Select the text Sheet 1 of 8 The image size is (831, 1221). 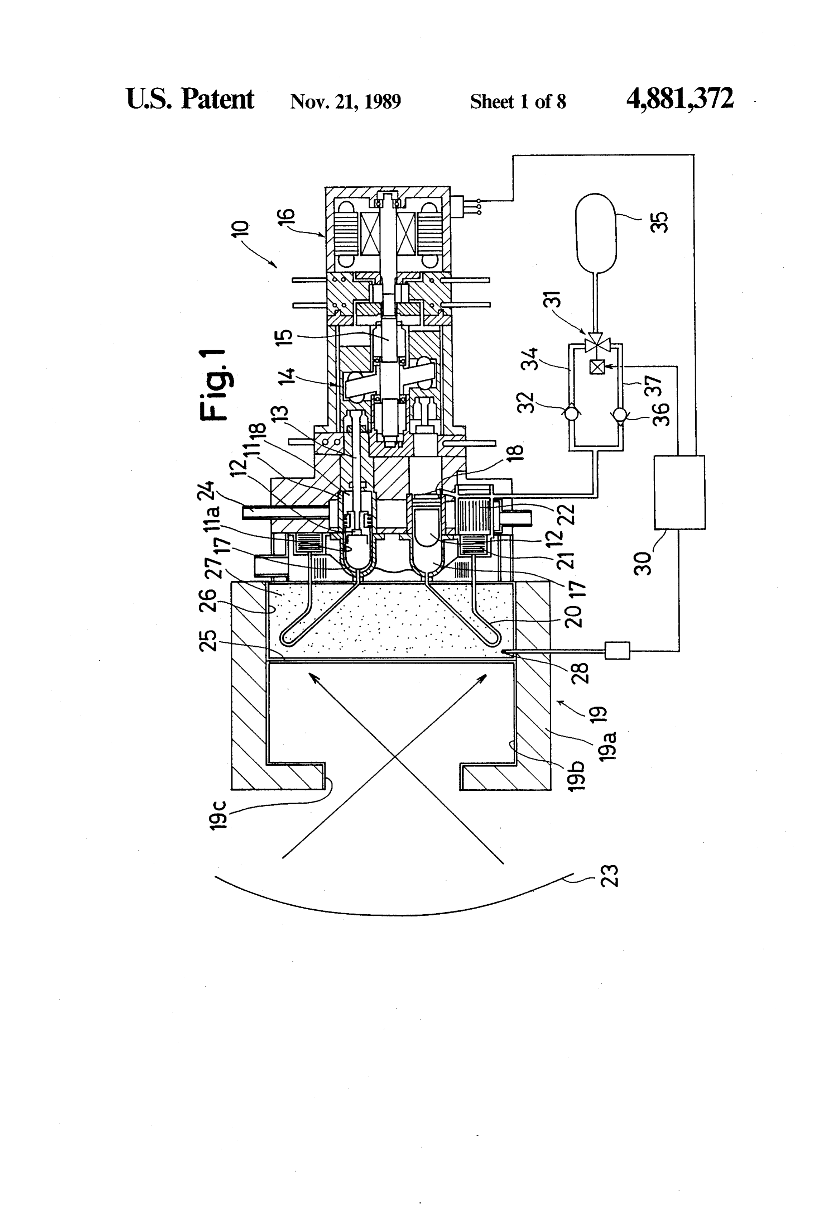pyautogui.click(x=518, y=101)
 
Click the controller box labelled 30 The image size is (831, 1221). pyautogui.click(x=680, y=492)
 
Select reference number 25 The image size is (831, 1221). pyautogui.click(x=208, y=640)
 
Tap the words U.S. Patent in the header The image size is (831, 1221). pyautogui.click(x=190, y=99)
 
